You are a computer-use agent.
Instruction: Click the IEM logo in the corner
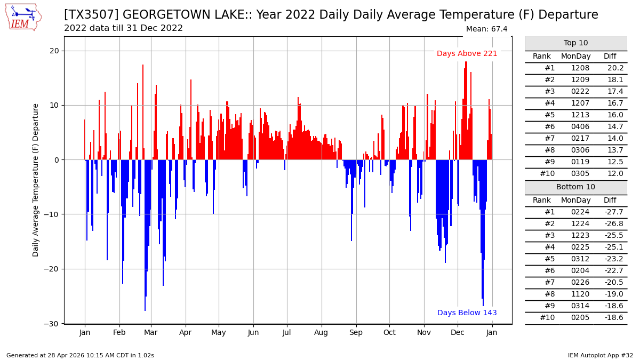[22, 17]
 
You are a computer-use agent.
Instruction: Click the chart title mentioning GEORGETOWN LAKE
[331, 15]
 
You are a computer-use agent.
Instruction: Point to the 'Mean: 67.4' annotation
[486, 29]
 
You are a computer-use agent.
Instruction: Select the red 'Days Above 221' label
[467, 54]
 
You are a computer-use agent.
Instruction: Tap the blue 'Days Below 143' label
[467, 313]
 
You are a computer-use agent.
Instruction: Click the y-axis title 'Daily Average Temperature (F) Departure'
[36, 180]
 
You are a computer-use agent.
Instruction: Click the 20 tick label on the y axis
[54, 51]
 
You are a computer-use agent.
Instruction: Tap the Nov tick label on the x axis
[423, 332]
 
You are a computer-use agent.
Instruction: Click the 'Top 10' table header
[575, 43]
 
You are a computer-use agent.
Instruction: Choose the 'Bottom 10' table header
[575, 187]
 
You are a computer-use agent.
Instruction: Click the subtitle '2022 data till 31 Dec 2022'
[123, 28]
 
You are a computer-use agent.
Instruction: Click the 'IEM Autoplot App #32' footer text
[600, 355]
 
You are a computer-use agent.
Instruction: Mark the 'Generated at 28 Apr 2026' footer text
[80, 355]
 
